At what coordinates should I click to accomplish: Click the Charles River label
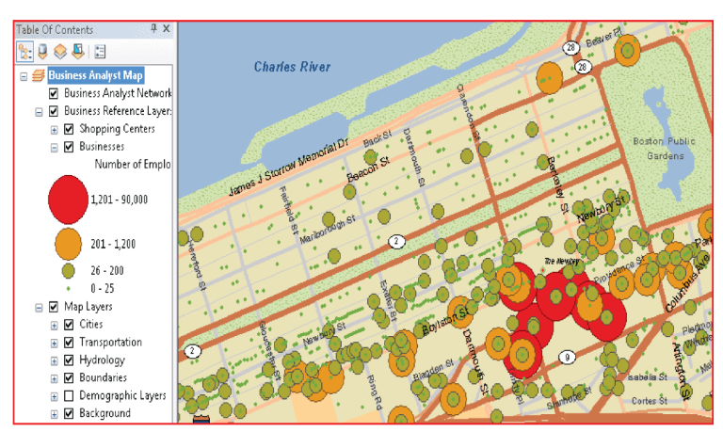tap(292, 67)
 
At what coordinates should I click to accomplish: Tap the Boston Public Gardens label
tap(664, 148)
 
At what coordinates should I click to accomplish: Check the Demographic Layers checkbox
tap(68, 395)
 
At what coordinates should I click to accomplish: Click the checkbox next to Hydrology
tap(68, 360)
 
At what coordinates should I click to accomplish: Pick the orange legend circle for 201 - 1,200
tap(68, 244)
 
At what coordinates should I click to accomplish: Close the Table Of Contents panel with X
tap(166, 29)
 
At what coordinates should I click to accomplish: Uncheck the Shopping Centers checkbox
tap(68, 129)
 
